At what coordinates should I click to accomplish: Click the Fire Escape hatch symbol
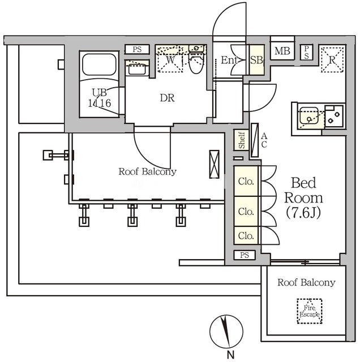[x=310, y=310]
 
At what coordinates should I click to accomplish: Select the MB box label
[x=282, y=51]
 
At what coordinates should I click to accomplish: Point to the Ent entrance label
[x=229, y=60]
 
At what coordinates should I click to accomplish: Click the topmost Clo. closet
[x=246, y=182]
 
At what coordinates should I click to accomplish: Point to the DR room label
[x=166, y=98]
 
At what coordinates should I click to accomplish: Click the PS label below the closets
[x=244, y=256]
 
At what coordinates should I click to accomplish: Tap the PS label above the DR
[x=137, y=49]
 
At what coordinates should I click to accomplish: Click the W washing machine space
[x=171, y=60]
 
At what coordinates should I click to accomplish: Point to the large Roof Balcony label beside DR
[x=147, y=171]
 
